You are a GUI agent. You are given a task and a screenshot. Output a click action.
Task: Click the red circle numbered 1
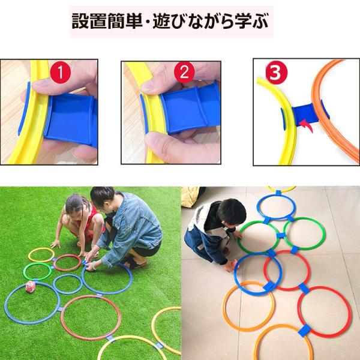click(60, 73)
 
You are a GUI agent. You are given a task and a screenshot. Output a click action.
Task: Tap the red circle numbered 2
click(184, 73)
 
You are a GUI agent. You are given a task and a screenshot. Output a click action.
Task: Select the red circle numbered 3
click(276, 73)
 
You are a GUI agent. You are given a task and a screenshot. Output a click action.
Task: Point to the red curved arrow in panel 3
click(307, 125)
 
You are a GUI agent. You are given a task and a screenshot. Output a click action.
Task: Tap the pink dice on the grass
click(31, 287)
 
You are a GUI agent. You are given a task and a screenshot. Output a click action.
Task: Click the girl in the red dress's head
click(74, 205)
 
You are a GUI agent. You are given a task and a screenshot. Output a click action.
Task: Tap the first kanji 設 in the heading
click(80, 22)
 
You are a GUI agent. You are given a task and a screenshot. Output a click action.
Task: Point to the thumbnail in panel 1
click(41, 86)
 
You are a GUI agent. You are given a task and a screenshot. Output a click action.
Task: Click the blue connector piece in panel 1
click(71, 119)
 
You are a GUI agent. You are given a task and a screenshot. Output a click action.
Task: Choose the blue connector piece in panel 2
click(190, 108)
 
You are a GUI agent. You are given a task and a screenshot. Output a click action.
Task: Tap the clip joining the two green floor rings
click(281, 236)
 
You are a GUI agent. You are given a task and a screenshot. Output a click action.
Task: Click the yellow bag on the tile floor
click(190, 197)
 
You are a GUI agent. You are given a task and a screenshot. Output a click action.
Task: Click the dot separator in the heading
click(148, 22)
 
